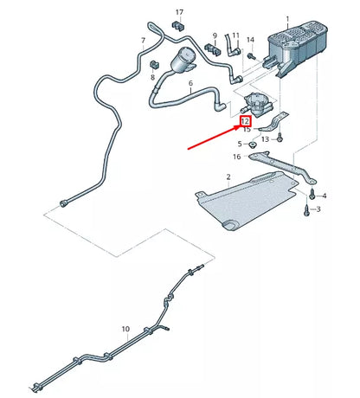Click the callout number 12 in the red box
coord(245,121)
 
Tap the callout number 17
coord(179,12)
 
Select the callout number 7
coord(144,41)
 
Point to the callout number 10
coord(125,329)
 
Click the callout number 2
coord(228,177)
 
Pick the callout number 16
coord(237,157)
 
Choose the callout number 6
coord(190,83)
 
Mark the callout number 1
coord(287,19)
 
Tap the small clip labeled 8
coord(155,65)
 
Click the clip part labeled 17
coord(179,25)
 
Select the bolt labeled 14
coord(252,56)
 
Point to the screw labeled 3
coord(306,210)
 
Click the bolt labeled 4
coord(312,194)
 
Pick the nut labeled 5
coord(253,144)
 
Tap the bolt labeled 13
coord(280,138)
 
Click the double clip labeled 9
coord(213,50)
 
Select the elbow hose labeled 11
coord(232,46)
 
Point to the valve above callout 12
coord(256,105)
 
